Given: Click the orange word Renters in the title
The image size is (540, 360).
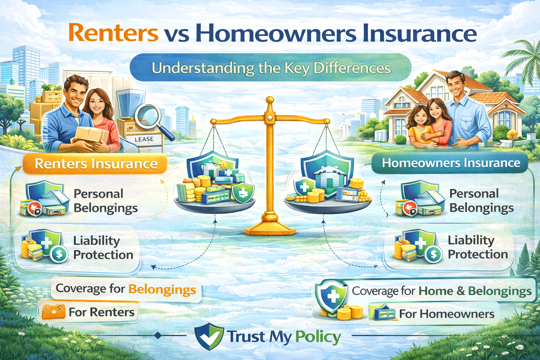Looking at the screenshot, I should [113, 33].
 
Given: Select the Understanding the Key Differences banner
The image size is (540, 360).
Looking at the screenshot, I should [271, 67].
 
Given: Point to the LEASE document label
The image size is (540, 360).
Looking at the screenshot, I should [144, 139].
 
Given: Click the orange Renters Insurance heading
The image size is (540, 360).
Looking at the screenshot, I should [96, 164].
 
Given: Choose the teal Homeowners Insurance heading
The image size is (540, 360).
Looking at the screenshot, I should [451, 163].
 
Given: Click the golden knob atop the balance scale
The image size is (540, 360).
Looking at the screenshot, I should [270, 101].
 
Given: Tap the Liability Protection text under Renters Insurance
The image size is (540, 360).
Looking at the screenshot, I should [103, 247].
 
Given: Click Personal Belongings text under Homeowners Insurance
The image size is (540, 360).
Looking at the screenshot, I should [481, 201].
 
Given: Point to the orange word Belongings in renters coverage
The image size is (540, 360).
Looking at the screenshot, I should [162, 289].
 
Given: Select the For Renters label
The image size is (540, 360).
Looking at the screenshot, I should [101, 312].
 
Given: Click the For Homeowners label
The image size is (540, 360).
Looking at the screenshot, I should [446, 314].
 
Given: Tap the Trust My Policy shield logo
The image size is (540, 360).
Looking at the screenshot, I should [209, 336].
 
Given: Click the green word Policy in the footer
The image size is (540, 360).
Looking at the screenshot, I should [317, 337].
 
